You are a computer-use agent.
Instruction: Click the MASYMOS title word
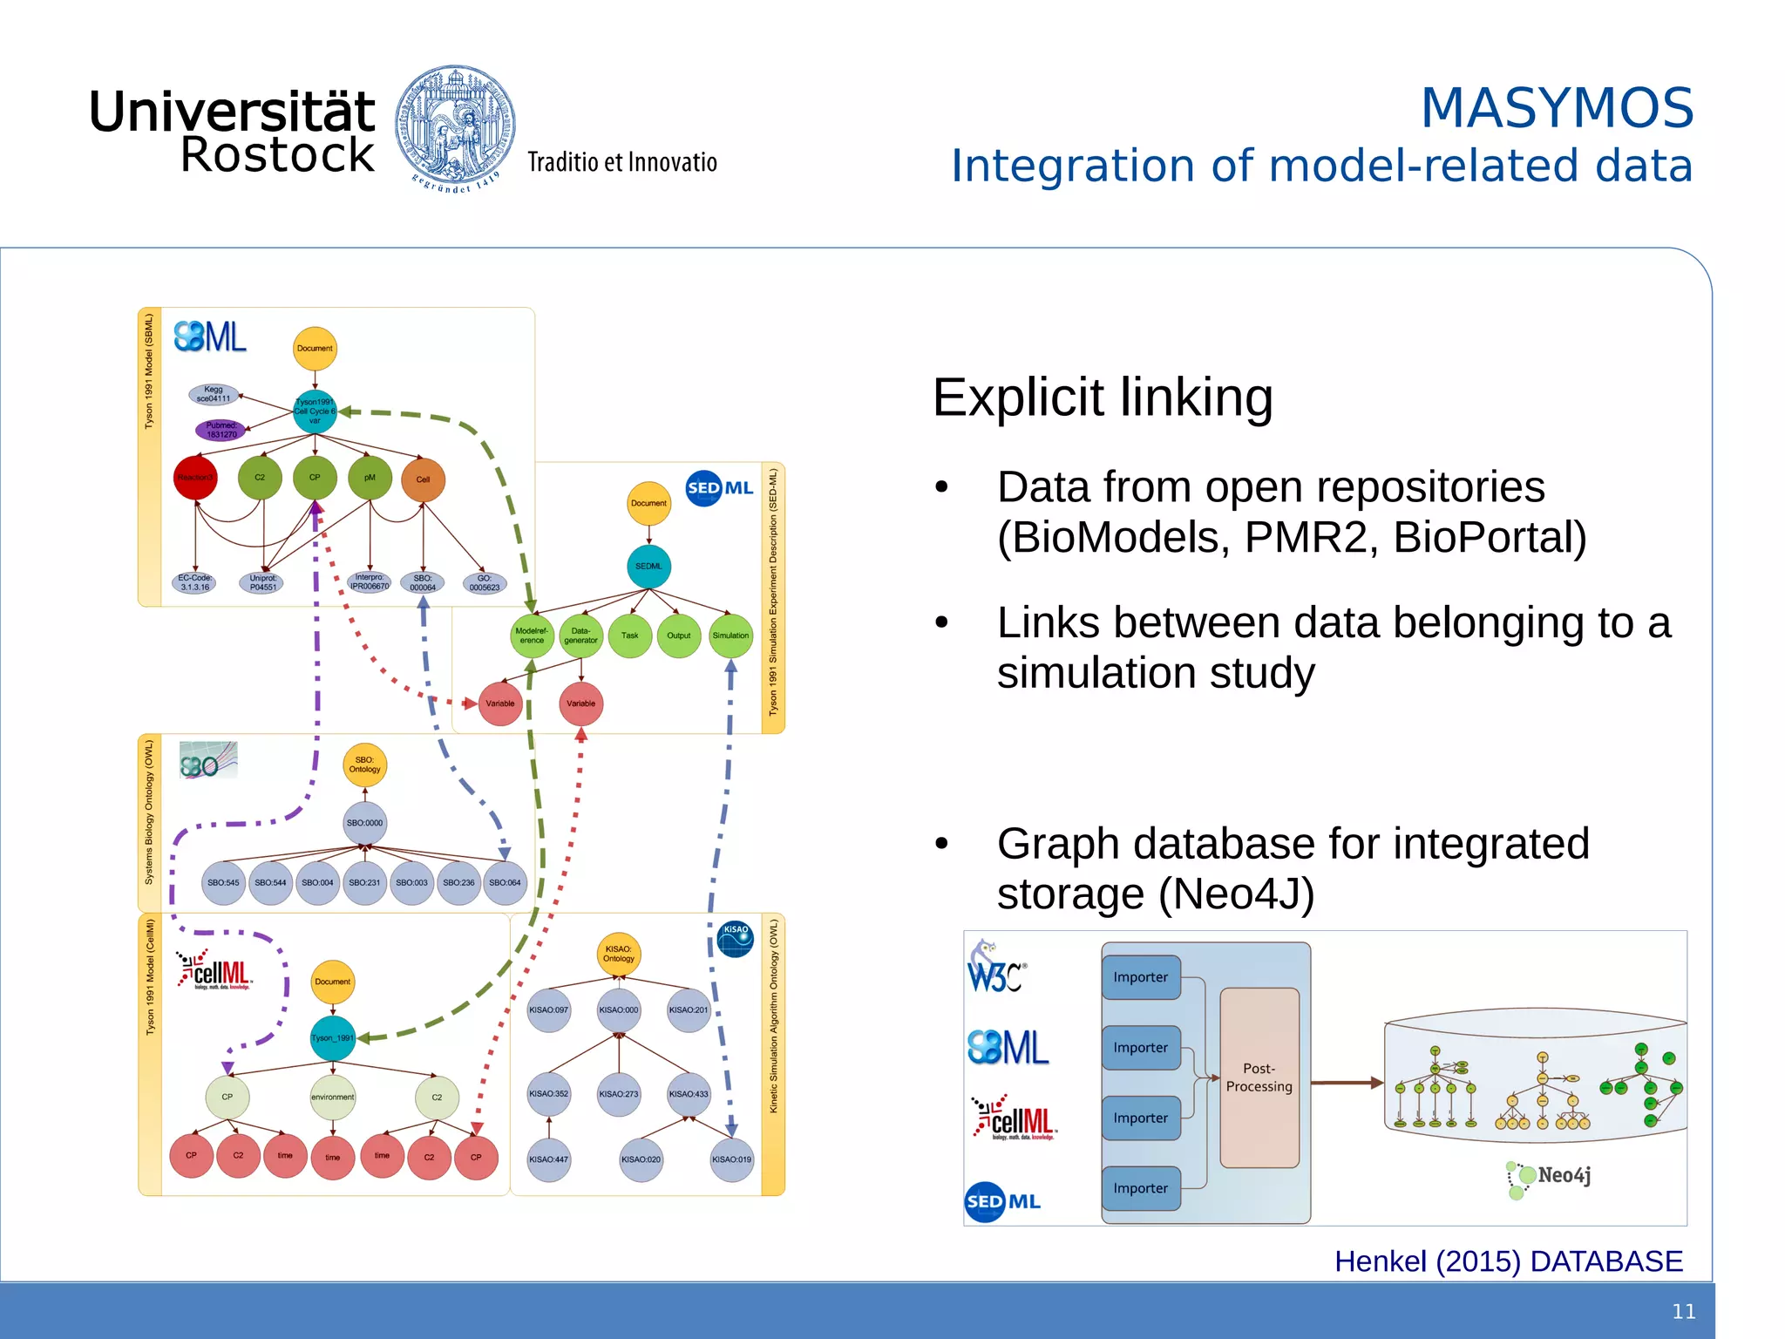(1557, 108)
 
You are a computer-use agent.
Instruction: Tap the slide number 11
(1684, 1311)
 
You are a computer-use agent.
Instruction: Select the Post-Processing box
(1259, 1077)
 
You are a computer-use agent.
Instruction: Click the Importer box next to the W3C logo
(1140, 977)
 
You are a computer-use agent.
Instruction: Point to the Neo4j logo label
(1553, 1176)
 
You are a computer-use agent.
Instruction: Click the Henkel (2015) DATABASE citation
(1508, 1261)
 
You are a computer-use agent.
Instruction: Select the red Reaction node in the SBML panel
(195, 478)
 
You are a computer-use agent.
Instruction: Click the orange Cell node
(423, 479)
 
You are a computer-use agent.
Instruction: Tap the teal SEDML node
(648, 567)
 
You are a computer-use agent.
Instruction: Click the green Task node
(629, 636)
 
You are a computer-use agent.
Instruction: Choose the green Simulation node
(730, 636)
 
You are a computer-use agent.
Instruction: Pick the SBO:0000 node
(364, 823)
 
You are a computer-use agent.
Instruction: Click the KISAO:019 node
(731, 1159)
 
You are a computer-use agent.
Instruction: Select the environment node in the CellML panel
(332, 1098)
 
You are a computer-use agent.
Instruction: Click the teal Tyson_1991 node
(333, 1037)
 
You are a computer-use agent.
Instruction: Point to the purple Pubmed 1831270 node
(221, 430)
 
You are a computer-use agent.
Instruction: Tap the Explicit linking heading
(1103, 398)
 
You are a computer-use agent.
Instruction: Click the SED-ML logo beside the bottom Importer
(1002, 1201)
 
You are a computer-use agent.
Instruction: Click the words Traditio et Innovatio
(621, 162)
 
